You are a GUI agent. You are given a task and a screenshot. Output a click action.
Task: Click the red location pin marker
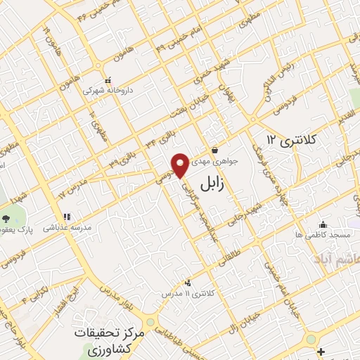pyautogui.click(x=181, y=165)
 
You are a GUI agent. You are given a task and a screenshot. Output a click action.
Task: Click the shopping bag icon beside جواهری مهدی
pyautogui.click(x=214, y=150)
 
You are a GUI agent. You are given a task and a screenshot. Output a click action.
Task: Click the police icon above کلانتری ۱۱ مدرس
pyautogui.click(x=186, y=282)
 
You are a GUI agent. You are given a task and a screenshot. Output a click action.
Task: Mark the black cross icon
pyautogui.click(x=321, y=351)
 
